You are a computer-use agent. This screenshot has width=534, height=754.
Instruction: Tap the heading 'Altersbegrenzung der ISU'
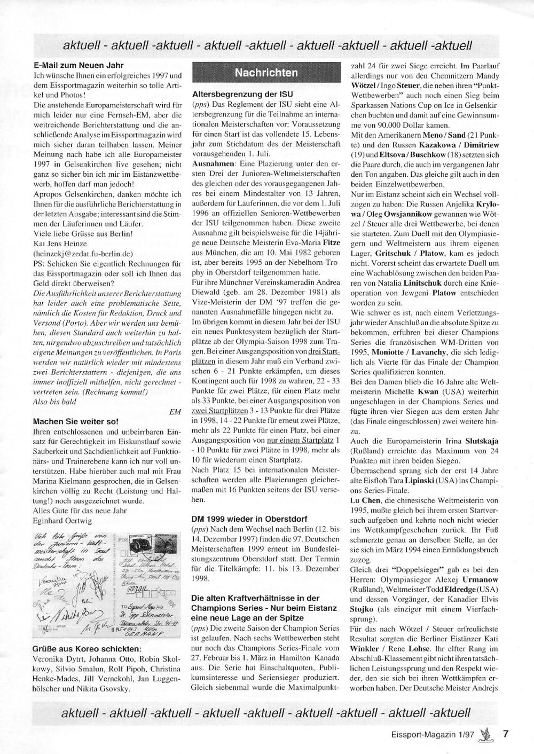pos(235,94)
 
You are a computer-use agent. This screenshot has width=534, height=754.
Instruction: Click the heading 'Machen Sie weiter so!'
pos(76,421)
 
